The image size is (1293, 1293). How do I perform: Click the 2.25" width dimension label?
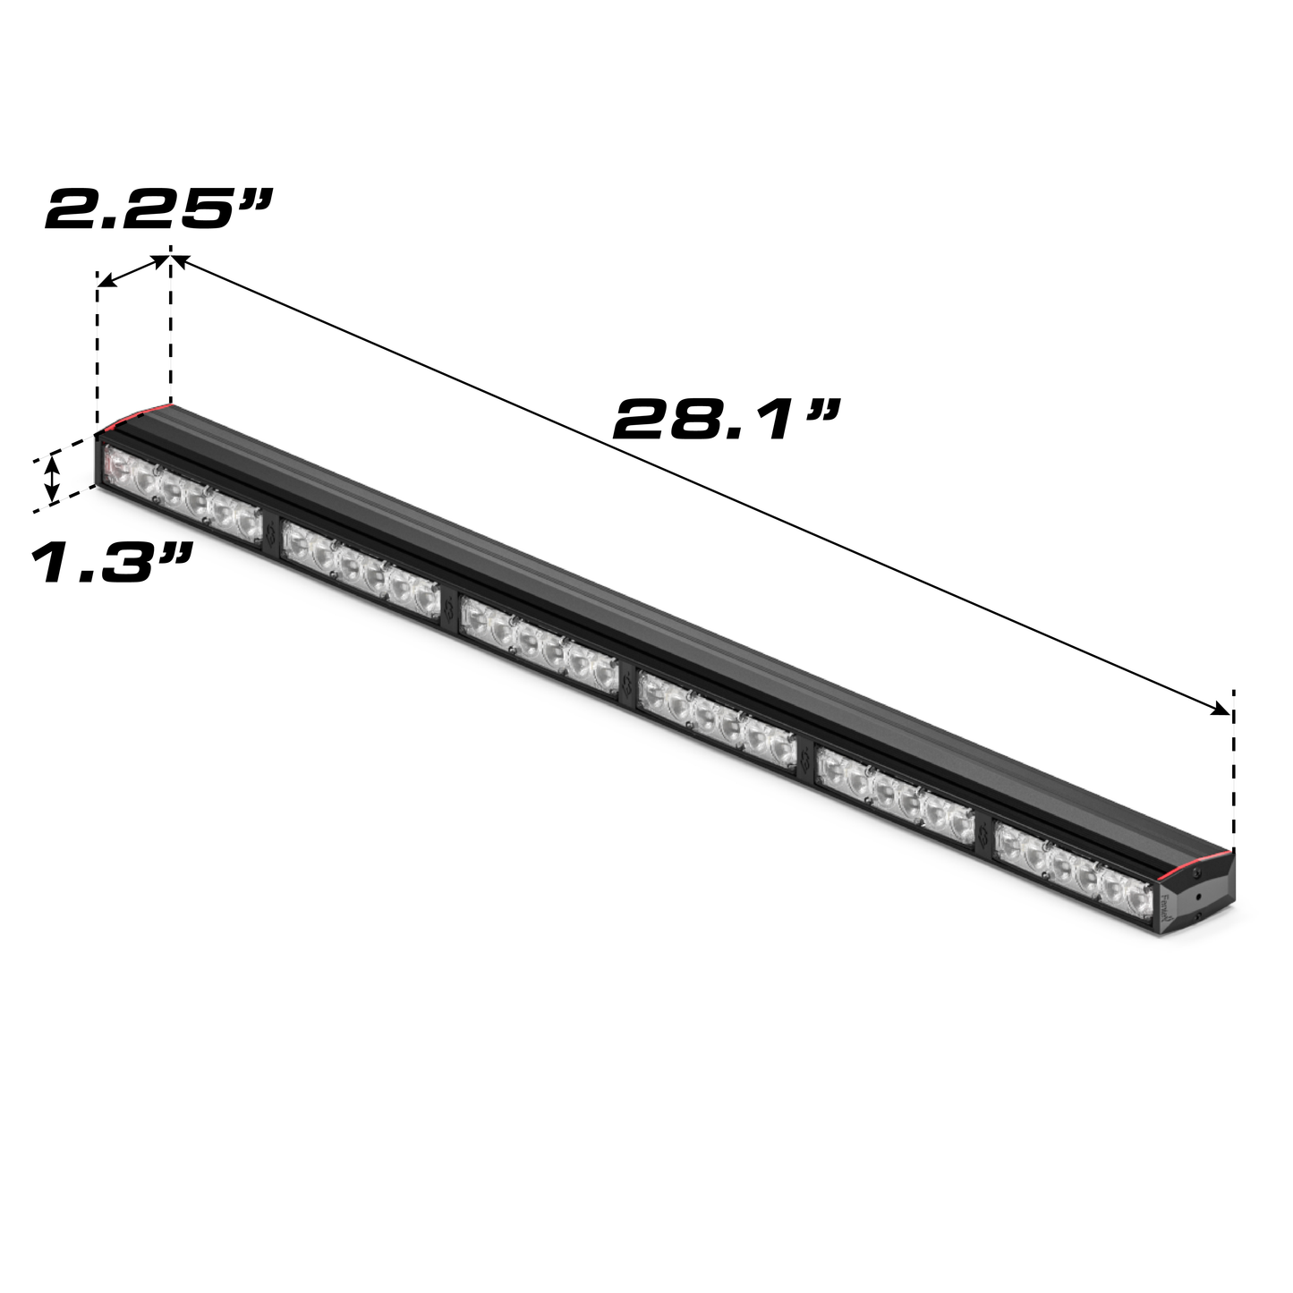[157, 209]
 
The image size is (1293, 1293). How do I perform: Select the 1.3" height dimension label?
[112, 563]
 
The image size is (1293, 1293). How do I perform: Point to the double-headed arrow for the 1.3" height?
[54, 478]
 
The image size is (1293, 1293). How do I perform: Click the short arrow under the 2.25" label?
[133, 271]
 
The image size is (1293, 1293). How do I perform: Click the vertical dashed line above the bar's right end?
[1234, 770]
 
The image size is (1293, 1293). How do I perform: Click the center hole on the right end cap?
[1198, 896]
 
